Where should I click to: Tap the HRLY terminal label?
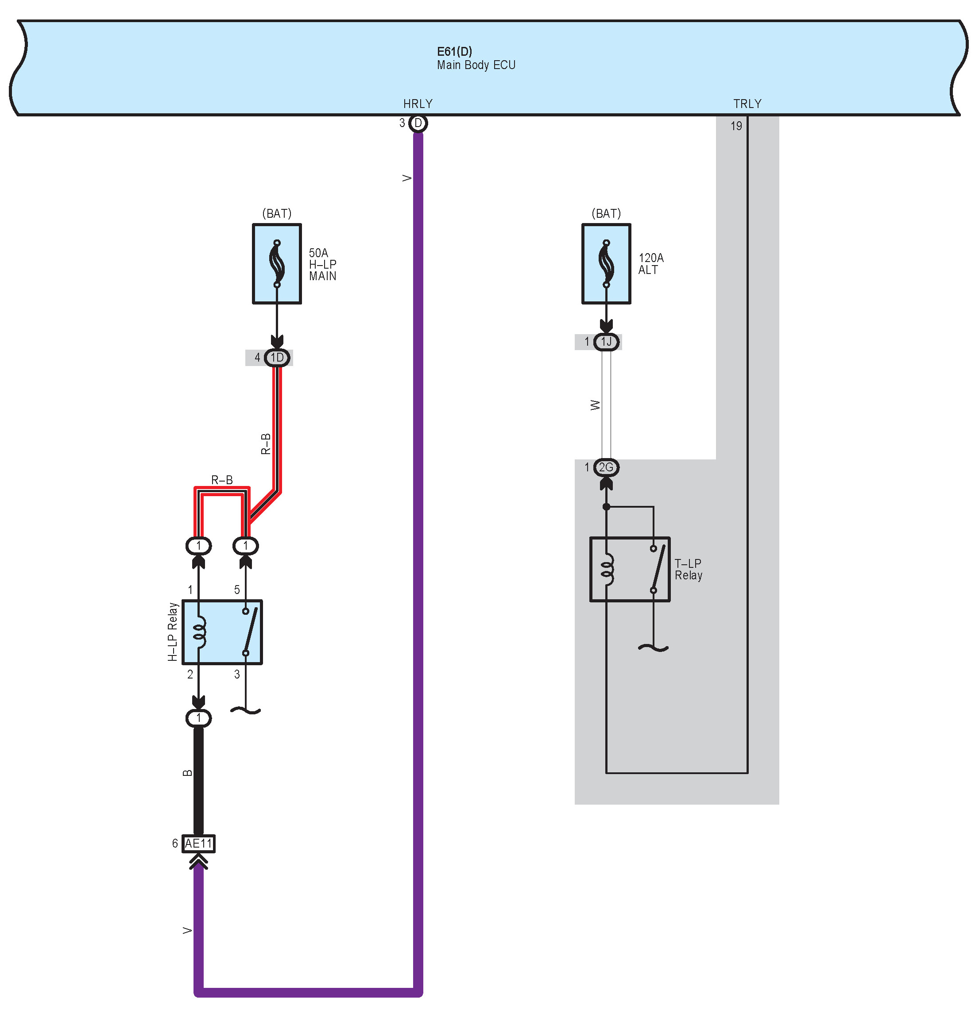pos(418,104)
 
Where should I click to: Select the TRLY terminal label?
pos(747,104)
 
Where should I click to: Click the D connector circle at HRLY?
pos(418,123)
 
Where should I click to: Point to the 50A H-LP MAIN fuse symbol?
pos(277,264)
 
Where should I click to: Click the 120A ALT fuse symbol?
pos(606,264)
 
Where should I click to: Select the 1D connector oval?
pos(277,358)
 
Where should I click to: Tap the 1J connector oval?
pos(606,342)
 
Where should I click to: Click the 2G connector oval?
pos(606,467)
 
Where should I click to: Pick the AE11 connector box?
pos(198,844)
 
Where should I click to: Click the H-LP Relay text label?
pos(172,632)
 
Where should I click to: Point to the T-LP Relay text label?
pos(688,570)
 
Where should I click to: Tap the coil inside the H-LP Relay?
pos(200,632)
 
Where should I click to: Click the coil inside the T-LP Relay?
pos(608,570)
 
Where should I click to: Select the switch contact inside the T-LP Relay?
pos(654,570)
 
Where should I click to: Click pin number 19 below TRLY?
pos(736,126)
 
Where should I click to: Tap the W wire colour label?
pos(595,405)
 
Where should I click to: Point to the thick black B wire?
pos(198,778)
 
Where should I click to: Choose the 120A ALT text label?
pos(650,264)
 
